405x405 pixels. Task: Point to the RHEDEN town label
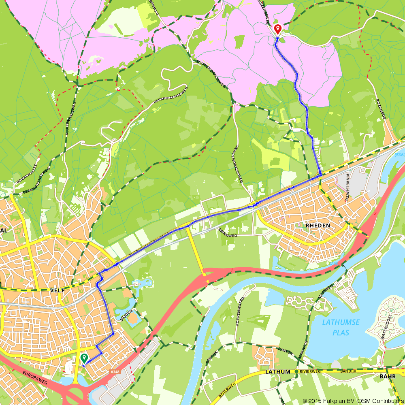[318, 225]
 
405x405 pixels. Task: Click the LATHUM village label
[278, 371]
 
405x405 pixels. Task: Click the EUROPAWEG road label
[35, 377]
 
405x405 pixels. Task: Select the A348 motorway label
[115, 371]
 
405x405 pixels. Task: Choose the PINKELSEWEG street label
[347, 187]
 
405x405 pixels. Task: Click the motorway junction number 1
[231, 270]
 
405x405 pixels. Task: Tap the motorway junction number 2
[375, 213]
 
